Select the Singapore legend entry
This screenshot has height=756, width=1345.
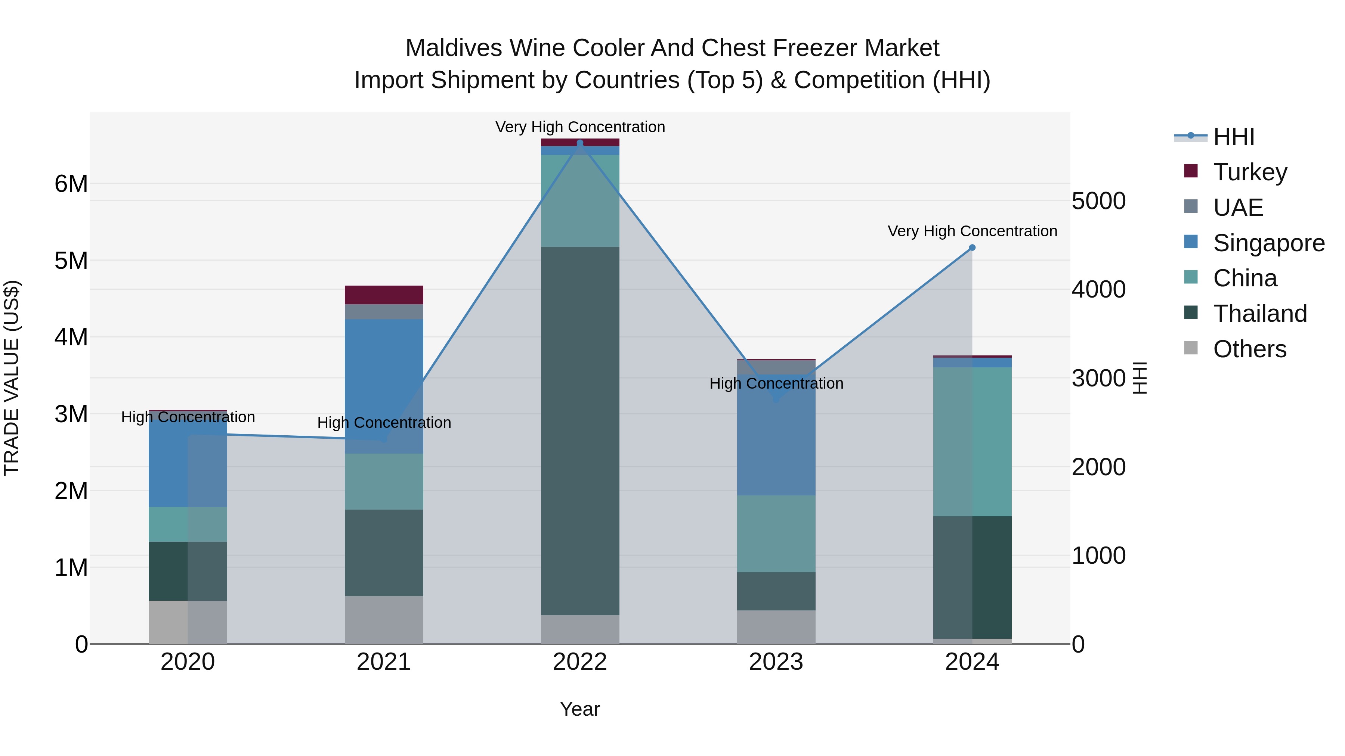point(1268,243)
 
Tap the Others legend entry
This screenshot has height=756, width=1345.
point(1249,349)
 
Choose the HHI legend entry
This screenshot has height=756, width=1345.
point(1233,137)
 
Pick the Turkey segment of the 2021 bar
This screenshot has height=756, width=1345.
point(384,295)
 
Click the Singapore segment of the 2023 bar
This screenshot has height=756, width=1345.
point(776,444)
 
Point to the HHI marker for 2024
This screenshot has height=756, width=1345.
point(972,248)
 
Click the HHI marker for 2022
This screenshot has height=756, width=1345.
point(579,143)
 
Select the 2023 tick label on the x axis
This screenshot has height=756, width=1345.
point(776,662)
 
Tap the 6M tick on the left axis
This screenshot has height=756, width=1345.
point(71,184)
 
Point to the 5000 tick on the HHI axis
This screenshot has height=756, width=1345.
point(1098,201)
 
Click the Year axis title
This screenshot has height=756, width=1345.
point(579,710)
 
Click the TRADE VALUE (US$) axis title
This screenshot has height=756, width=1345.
point(12,378)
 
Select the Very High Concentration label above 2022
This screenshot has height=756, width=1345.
point(579,127)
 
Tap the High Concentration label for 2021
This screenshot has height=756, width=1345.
point(384,423)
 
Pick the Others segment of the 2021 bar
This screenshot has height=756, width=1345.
point(384,620)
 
